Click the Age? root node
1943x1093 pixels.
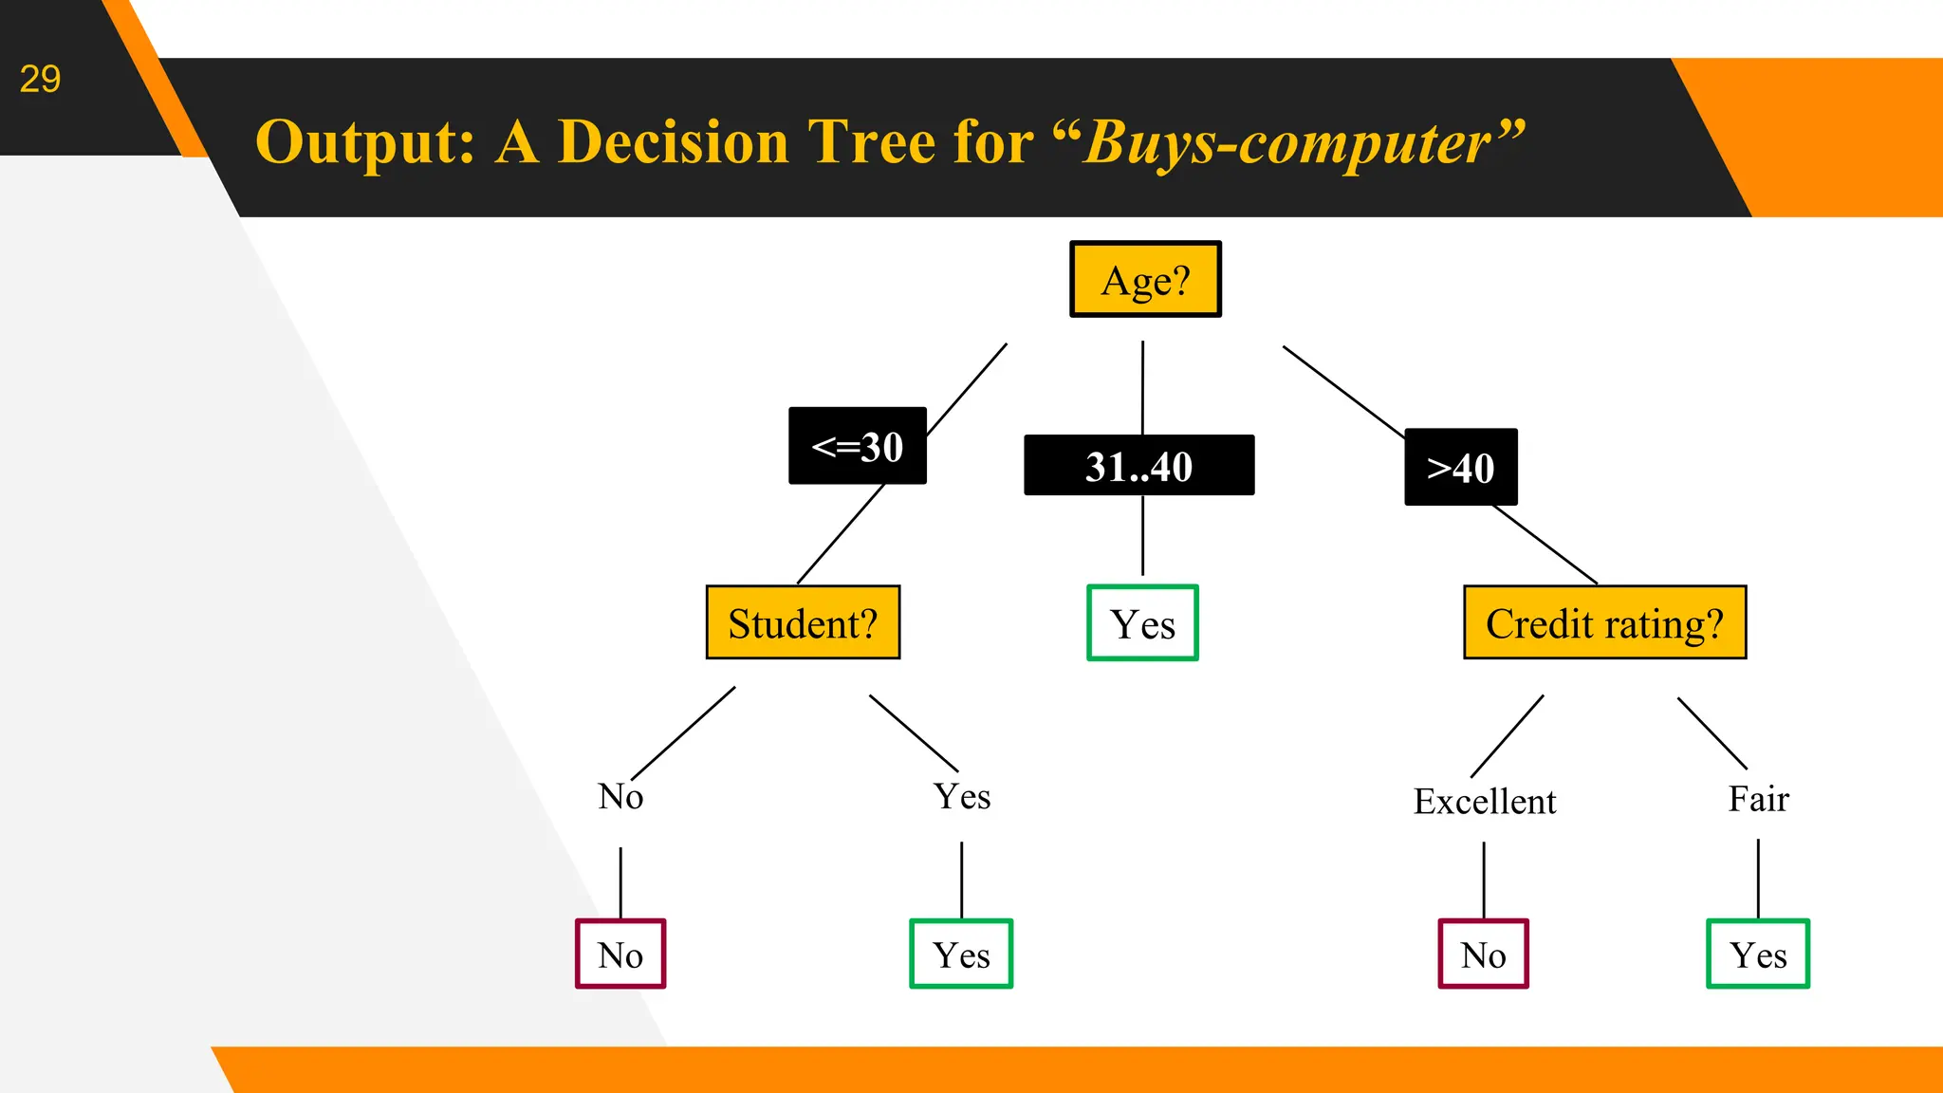tap(1145, 279)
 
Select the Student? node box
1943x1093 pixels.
tap(803, 623)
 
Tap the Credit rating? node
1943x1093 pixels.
tap(1604, 623)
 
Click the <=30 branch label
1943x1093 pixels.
tap(857, 446)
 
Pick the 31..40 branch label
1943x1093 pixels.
tap(1138, 466)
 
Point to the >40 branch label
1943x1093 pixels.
tap(1460, 467)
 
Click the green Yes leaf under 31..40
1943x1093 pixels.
tap(1142, 623)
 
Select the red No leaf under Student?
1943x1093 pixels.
tap(620, 954)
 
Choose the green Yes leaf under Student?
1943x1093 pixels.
tap(961, 954)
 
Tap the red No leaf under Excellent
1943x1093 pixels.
tap(1483, 954)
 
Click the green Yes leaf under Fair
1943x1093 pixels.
tap(1758, 954)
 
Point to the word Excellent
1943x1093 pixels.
tap(1485, 802)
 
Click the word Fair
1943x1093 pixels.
tap(1758, 799)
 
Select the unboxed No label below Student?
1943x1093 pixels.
tap(620, 796)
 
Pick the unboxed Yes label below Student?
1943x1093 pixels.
tap(962, 796)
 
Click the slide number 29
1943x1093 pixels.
tap(40, 79)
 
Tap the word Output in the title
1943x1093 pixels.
tap(364, 142)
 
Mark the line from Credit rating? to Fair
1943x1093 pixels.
tap(1712, 732)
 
